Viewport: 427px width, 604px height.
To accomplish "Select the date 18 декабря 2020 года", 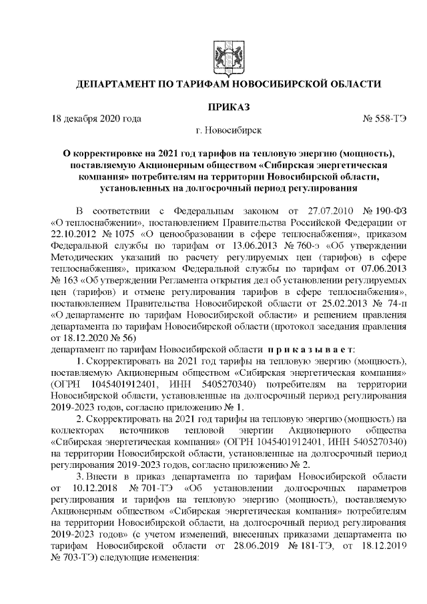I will pyautogui.click(x=97, y=119).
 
